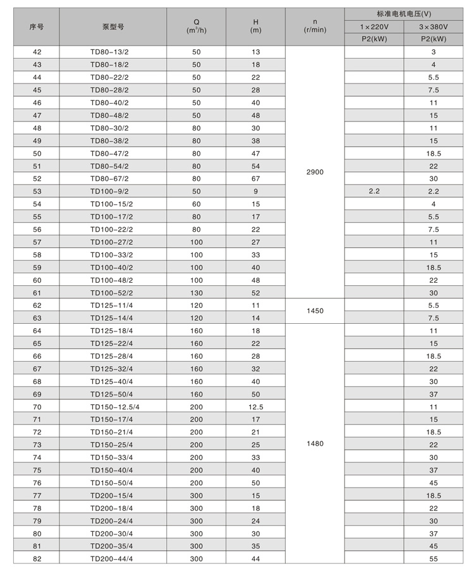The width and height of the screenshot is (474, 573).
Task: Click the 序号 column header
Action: click(36, 27)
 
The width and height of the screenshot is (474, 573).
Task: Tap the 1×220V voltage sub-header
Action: click(374, 27)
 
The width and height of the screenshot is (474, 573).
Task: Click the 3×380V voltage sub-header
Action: click(434, 27)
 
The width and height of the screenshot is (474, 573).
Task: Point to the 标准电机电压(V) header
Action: click(404, 13)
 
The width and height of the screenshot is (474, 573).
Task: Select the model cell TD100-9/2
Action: click(109, 191)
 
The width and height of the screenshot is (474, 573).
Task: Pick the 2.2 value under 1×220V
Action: click(374, 191)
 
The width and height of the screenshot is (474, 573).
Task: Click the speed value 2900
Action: click(314, 172)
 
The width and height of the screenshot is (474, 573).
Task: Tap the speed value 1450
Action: click(314, 312)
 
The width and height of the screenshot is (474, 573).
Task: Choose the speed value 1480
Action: click(314, 444)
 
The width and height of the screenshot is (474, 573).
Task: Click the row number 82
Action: click(37, 558)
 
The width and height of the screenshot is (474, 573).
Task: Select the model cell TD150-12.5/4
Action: click(114, 407)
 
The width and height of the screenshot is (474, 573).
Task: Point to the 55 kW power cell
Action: click(434, 558)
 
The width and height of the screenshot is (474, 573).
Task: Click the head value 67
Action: click(255, 178)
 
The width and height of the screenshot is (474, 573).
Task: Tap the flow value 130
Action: click(196, 293)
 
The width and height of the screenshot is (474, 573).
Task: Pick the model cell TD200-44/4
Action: click(111, 558)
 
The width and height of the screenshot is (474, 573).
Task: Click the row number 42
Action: click(37, 52)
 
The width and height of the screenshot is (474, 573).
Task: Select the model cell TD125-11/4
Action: click(111, 305)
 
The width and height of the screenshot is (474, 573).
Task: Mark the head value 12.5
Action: click(255, 407)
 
